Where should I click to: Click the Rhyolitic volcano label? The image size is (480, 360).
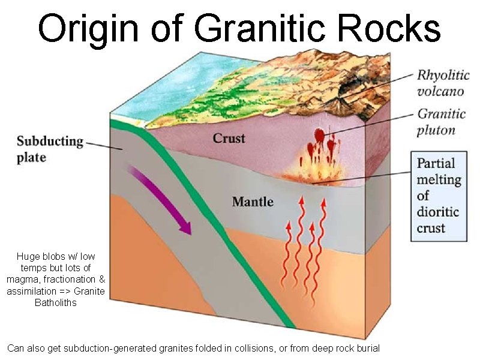pos(440,83)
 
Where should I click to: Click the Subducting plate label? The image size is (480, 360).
pos(49,149)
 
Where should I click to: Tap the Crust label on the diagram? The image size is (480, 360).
pos(229,139)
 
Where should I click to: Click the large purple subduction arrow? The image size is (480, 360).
pos(162,201)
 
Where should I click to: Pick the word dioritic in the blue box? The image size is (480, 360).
pos(438,212)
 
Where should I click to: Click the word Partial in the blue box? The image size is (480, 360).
pos(436,163)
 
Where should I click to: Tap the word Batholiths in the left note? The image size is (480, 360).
pos(56,302)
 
